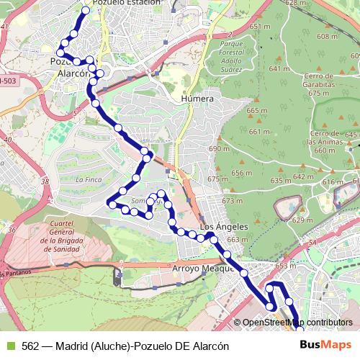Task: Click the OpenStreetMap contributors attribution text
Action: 297,322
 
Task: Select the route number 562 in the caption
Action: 31,346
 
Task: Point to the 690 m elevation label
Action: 218,148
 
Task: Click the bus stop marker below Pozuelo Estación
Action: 86,11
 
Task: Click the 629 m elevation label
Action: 302,220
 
